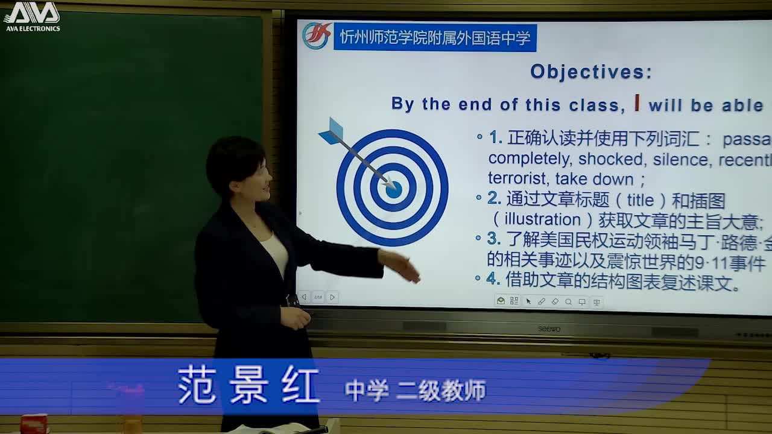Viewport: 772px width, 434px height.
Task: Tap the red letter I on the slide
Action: coord(637,103)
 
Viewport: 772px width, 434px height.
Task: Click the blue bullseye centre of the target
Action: coord(394,190)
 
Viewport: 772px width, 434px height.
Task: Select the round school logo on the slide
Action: coord(317,36)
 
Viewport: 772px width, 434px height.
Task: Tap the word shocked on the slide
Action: coord(610,160)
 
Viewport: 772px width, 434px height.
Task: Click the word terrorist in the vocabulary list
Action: coord(517,180)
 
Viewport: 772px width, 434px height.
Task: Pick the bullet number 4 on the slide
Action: coord(493,278)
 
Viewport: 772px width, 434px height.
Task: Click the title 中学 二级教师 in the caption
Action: coord(416,391)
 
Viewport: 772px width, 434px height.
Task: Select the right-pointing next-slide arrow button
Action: coord(332,297)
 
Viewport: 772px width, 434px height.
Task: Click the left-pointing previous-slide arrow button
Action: coord(304,297)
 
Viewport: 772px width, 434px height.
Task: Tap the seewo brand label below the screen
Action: coord(549,329)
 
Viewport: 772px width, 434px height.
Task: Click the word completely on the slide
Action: coord(529,160)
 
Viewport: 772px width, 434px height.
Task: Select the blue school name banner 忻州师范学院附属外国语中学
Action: coord(435,38)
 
